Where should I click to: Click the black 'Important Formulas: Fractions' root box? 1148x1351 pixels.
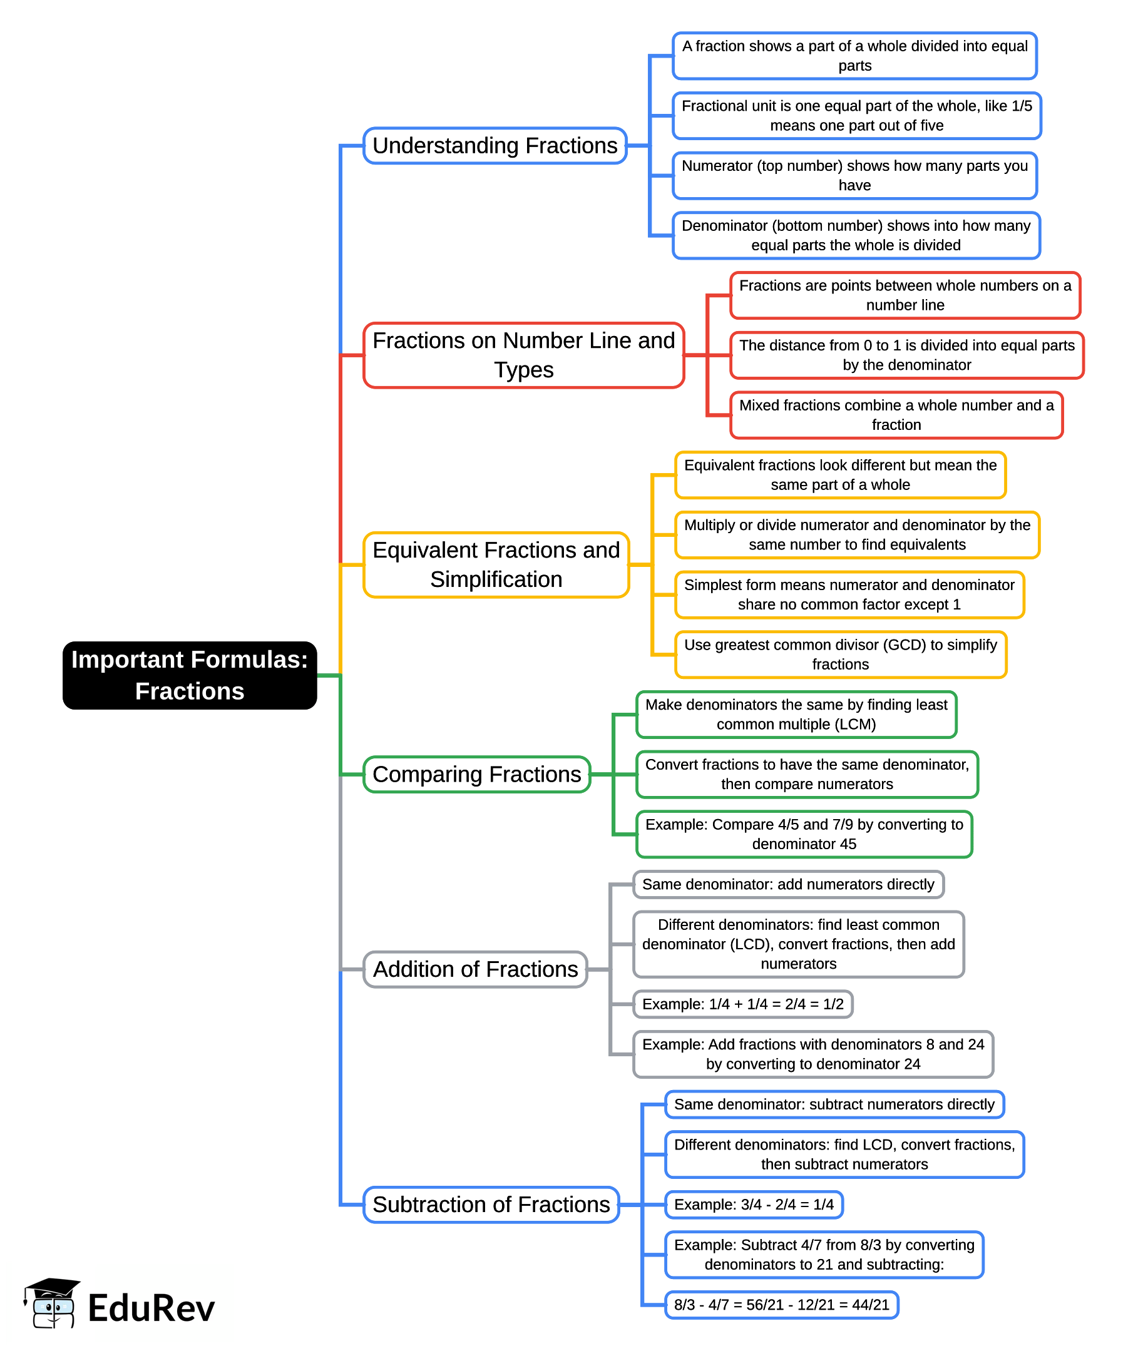[x=190, y=675]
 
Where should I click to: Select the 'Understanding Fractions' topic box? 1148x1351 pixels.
[x=495, y=146]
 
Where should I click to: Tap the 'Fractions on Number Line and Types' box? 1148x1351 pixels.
[x=523, y=355]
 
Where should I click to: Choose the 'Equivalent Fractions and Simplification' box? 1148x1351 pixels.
[x=496, y=564]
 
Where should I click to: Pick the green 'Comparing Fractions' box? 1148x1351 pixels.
[x=476, y=774]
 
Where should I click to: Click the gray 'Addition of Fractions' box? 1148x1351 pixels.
[x=475, y=969]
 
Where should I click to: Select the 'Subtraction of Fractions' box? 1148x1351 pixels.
[x=491, y=1205]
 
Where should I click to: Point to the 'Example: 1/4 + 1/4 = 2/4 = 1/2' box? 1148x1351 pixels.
[x=742, y=1004]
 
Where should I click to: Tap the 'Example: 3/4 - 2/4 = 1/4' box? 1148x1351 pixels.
[x=754, y=1205]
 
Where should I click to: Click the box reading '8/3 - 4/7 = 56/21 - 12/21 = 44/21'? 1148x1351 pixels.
[x=781, y=1305]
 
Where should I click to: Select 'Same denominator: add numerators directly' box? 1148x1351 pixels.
[x=788, y=885]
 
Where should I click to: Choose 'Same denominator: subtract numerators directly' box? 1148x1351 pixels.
[x=834, y=1104]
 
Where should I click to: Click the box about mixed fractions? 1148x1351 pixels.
[x=896, y=415]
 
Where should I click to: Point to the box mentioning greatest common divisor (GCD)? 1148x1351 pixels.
[x=840, y=655]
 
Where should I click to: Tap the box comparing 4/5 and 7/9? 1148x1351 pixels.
[x=804, y=834]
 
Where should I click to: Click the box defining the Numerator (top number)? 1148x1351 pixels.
[x=854, y=176]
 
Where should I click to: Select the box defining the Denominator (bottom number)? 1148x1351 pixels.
[x=856, y=235]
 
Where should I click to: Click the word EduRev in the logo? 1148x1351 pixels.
[x=151, y=1308]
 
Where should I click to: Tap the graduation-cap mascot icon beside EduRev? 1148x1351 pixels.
[x=52, y=1303]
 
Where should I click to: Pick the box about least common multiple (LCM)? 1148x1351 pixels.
[x=796, y=714]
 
